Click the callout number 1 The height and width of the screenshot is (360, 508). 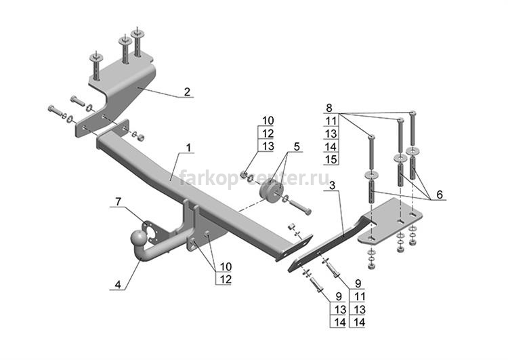click(x=188, y=148)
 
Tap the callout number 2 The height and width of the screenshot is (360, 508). click(x=187, y=92)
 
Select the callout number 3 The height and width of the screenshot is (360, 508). click(x=332, y=186)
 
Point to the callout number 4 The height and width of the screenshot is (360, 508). click(x=118, y=285)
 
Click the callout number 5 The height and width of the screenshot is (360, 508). click(x=297, y=146)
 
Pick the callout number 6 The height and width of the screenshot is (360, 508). click(x=440, y=195)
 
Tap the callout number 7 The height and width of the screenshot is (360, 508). click(x=119, y=202)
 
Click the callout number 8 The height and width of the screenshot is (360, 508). click(x=329, y=107)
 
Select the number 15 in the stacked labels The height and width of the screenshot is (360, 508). click(x=331, y=159)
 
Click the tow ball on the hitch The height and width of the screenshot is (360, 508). click(x=138, y=239)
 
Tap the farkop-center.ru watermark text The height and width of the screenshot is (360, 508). click(x=254, y=178)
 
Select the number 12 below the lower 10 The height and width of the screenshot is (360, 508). click(x=226, y=279)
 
